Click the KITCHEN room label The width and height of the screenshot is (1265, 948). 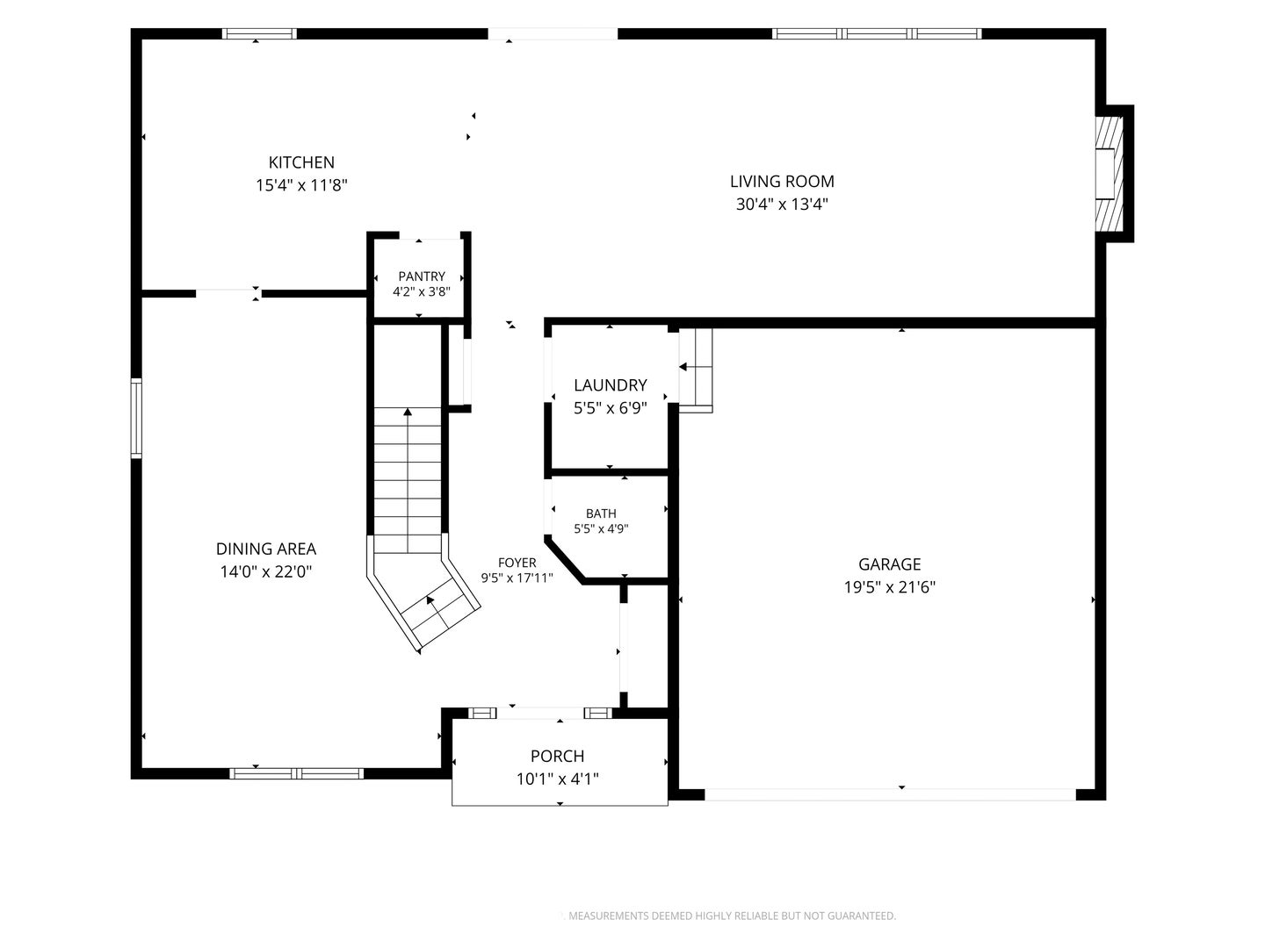[301, 162]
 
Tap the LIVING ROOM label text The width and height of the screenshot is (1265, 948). [782, 182]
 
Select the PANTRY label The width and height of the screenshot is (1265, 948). [422, 276]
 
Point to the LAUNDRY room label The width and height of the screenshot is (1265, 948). [611, 385]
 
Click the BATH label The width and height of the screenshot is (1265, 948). [601, 513]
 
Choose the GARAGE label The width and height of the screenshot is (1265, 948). [890, 564]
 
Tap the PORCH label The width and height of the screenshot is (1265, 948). [557, 756]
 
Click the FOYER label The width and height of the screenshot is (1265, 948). [517, 563]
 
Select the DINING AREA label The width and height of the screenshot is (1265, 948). [266, 549]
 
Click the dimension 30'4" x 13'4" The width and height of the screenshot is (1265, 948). [782, 205]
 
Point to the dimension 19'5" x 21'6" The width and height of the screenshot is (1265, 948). [890, 587]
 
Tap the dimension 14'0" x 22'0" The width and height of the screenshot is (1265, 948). [266, 571]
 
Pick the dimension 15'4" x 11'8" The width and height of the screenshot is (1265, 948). [301, 185]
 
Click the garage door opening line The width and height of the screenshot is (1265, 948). [891, 794]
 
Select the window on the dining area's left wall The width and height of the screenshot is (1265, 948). [136, 419]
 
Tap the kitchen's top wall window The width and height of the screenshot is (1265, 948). [259, 34]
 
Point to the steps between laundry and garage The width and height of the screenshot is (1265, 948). [696, 370]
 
